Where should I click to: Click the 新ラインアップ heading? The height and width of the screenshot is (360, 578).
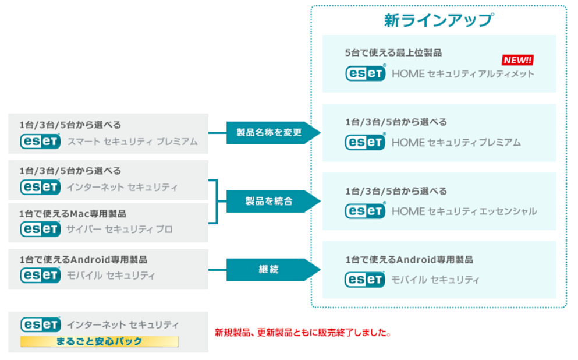[439, 20]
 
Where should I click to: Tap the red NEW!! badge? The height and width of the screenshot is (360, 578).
[517, 60]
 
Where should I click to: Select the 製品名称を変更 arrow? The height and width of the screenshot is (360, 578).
[273, 132]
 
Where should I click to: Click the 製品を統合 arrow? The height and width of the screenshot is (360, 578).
[273, 201]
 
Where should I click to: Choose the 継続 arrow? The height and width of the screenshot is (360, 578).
[273, 270]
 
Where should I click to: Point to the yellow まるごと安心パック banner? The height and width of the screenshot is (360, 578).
[99, 341]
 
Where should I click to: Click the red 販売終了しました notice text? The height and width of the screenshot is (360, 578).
[303, 333]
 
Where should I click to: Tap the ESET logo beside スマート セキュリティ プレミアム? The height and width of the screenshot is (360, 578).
[40, 142]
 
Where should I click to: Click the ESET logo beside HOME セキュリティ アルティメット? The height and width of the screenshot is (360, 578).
[366, 73]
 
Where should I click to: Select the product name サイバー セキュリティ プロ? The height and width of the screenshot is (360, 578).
[119, 230]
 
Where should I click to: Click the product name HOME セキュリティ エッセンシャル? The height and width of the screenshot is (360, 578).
[464, 211]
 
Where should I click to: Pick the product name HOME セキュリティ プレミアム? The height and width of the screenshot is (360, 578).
[456, 142]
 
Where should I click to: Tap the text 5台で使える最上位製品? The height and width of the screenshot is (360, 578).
[393, 53]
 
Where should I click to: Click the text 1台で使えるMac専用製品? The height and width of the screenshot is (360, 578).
[73, 214]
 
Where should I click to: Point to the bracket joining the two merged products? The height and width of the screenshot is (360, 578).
[217, 202]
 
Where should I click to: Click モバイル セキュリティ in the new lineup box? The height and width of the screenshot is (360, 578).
[435, 280]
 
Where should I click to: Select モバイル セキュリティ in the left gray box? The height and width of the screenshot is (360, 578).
[111, 276]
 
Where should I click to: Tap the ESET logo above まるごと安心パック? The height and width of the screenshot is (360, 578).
[41, 324]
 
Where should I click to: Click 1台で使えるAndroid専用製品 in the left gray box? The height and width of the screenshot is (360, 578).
[83, 260]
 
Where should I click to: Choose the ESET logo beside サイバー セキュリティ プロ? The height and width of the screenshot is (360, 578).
[40, 229]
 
